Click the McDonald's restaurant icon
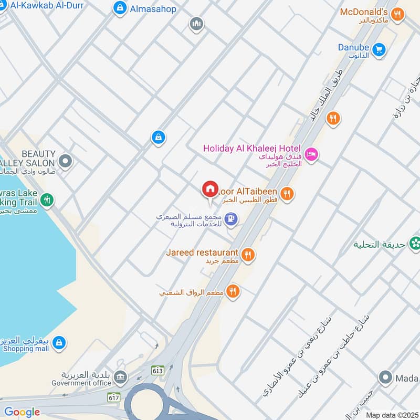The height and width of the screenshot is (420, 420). [x=398, y=15]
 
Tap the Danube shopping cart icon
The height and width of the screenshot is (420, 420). [x=378, y=50]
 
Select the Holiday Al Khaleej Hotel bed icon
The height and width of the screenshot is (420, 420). [x=311, y=154]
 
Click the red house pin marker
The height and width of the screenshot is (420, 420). [x=210, y=190]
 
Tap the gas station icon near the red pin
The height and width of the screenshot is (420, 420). [x=230, y=218]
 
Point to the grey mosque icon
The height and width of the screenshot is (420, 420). [x=196, y=24]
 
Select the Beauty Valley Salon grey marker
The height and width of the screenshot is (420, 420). [x=65, y=162]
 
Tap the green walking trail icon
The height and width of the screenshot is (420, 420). [x=47, y=199]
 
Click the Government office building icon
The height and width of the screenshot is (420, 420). [x=120, y=377]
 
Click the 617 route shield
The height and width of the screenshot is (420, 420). [x=112, y=397]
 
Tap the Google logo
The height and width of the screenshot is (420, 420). [x=22, y=412]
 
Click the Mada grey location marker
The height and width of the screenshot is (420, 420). [x=386, y=377]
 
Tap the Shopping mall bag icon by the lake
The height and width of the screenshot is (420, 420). [x=60, y=342]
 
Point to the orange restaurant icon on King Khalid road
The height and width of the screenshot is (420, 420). [x=332, y=119]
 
